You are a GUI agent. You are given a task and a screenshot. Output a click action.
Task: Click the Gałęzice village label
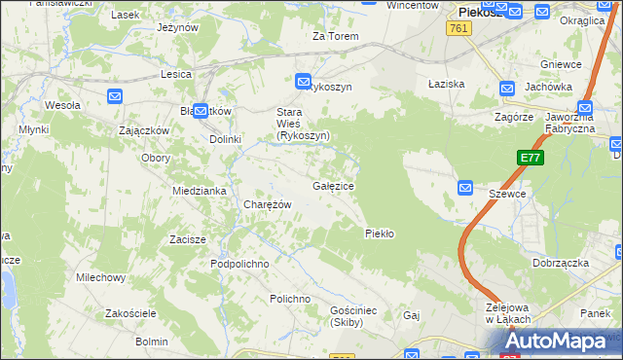tap(333, 185)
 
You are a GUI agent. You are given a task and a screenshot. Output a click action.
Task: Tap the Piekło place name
tap(379, 234)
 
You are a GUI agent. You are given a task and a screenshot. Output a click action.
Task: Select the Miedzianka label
tap(199, 191)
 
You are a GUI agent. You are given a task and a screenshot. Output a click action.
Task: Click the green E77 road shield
tap(530, 158)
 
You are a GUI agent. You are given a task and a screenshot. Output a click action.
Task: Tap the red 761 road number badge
tap(460, 29)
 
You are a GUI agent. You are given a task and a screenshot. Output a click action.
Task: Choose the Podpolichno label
tap(239, 264)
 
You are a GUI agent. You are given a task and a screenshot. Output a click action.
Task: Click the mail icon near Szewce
tap(464, 187)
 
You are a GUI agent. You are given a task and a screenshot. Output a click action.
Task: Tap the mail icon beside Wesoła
tap(115, 95)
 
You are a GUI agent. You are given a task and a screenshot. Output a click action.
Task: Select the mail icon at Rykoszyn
tap(303, 83)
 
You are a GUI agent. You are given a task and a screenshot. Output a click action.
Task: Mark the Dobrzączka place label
tap(562, 263)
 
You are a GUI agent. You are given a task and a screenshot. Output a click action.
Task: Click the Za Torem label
tap(336, 36)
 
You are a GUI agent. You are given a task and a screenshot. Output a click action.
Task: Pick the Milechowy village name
tap(101, 277)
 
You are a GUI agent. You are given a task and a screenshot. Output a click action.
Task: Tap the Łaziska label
tap(447, 84)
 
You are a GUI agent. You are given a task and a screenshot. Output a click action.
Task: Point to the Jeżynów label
tap(177, 27)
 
